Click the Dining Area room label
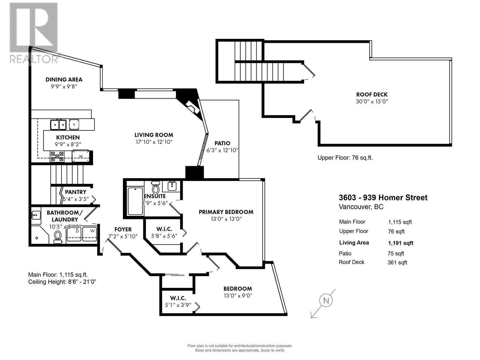click(x=64, y=79)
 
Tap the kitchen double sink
click(x=58, y=124)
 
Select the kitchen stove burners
click(x=57, y=157)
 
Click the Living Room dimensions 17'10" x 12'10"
click(x=154, y=142)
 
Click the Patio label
click(x=222, y=143)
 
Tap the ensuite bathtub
click(x=135, y=201)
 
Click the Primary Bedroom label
click(x=226, y=212)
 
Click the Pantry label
click(x=76, y=192)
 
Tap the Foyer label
click(x=123, y=229)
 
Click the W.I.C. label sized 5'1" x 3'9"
click(x=178, y=298)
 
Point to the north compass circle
click(x=326, y=300)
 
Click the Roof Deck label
click(x=372, y=94)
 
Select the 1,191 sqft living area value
click(x=400, y=243)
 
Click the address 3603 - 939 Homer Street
click(x=383, y=198)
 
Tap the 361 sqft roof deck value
click(x=397, y=262)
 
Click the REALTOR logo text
click(x=34, y=58)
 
